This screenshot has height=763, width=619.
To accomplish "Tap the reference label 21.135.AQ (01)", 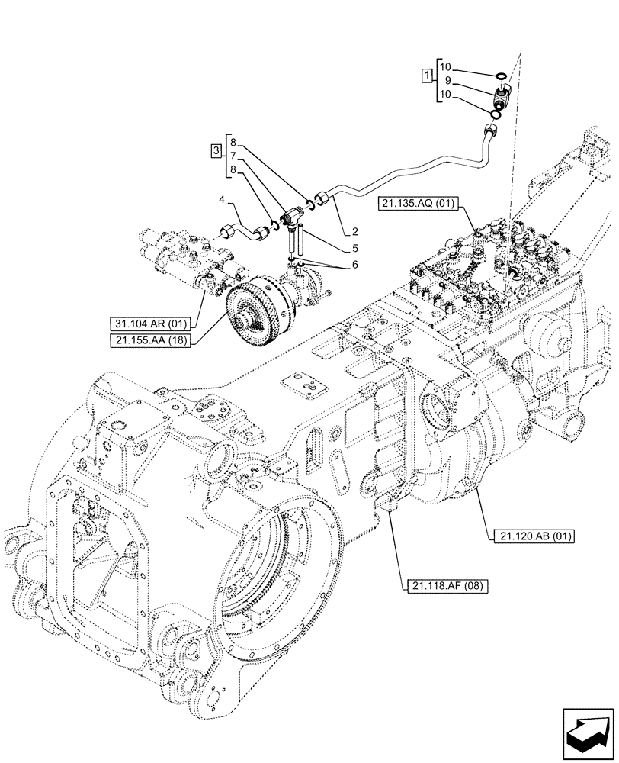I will (x=415, y=204).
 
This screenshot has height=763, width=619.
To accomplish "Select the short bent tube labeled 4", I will (x=245, y=227).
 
